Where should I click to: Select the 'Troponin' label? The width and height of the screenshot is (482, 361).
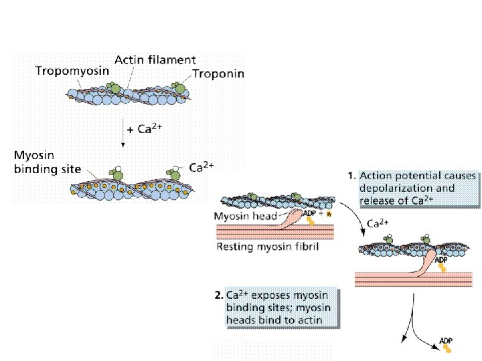pyautogui.click(x=218, y=74)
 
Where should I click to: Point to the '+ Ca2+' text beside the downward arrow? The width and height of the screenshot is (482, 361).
pyautogui.click(x=146, y=129)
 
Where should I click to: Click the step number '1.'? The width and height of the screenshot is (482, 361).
pyautogui.click(x=351, y=176)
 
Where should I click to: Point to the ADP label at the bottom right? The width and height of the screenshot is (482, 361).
pyautogui.click(x=447, y=342)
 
